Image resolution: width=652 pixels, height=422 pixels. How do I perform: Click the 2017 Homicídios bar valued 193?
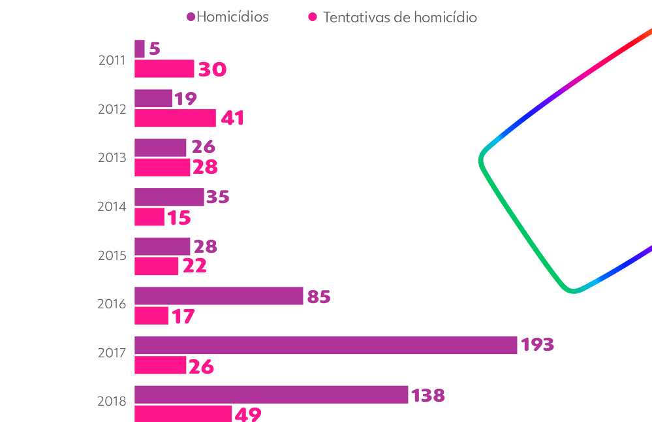(326, 345)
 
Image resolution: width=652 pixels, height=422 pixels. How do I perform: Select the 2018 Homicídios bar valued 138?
(272, 395)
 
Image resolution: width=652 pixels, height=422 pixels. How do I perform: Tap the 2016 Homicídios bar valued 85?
(219, 296)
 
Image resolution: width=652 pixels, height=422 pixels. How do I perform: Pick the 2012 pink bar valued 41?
(175, 118)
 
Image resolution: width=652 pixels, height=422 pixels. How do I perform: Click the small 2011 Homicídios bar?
(140, 49)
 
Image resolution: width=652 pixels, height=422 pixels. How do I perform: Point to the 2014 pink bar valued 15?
(149, 217)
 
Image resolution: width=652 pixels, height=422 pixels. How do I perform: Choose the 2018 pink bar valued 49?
(183, 414)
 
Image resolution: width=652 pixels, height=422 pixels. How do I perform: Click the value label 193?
(537, 345)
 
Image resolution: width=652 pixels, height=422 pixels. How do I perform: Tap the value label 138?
(428, 395)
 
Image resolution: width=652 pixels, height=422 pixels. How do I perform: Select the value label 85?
(319, 297)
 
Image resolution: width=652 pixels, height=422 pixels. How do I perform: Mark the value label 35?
(218, 197)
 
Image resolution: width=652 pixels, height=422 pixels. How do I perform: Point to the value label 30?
(212, 69)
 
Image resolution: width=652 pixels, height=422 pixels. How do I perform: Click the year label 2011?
(112, 60)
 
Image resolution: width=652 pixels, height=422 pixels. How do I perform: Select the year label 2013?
(112, 157)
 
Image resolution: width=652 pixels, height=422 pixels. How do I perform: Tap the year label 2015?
(112, 255)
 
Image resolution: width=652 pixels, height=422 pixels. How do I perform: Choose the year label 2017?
(112, 353)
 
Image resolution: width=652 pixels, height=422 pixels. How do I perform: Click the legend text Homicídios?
(232, 17)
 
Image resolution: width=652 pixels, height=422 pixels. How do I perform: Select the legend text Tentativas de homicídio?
(400, 18)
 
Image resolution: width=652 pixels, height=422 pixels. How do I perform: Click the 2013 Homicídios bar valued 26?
(161, 148)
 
